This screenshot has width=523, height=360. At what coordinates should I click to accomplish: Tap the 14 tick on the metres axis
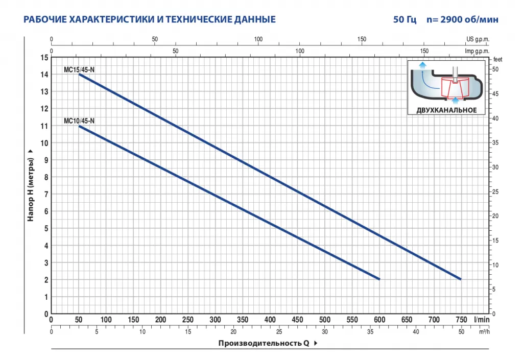point(45,75)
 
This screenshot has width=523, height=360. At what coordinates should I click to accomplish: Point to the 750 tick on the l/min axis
point(461,320)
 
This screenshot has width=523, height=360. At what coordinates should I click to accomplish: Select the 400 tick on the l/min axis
point(270,320)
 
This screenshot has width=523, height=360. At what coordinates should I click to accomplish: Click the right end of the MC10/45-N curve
point(379,279)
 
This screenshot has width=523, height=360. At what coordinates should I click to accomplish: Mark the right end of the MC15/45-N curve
point(460,279)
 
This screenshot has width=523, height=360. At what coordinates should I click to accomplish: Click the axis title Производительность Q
point(264,343)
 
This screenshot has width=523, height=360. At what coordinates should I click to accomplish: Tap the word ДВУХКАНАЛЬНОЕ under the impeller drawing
point(447,110)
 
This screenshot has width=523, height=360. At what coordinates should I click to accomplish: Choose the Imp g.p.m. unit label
point(477,52)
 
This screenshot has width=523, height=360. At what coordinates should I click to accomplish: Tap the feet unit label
point(498,60)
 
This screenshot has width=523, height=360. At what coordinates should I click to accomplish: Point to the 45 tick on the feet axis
point(494,94)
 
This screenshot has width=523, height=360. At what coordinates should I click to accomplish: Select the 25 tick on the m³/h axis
point(279,332)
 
